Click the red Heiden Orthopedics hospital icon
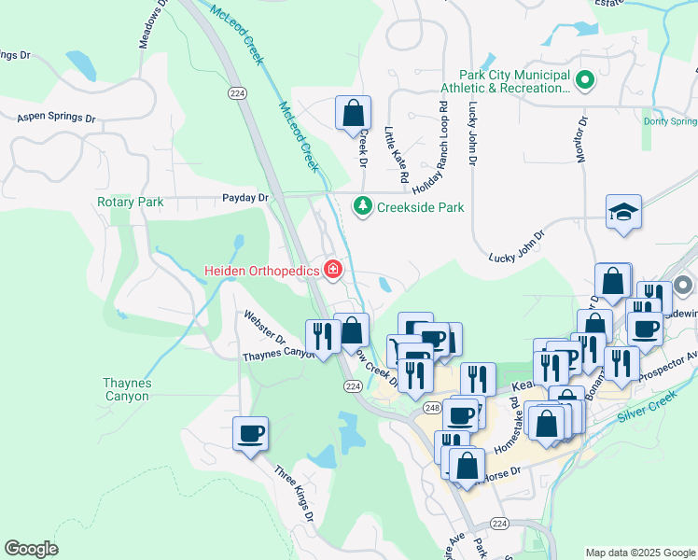[332, 271]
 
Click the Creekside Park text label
[420, 207]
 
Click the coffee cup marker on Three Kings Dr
[251, 433]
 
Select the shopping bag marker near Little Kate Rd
[353, 113]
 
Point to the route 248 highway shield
[430, 382]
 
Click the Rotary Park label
[130, 202]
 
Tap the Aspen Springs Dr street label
[56, 119]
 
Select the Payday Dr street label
[244, 198]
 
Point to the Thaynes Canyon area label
[125, 389]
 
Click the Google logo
[31, 548]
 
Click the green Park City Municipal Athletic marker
[585, 81]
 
